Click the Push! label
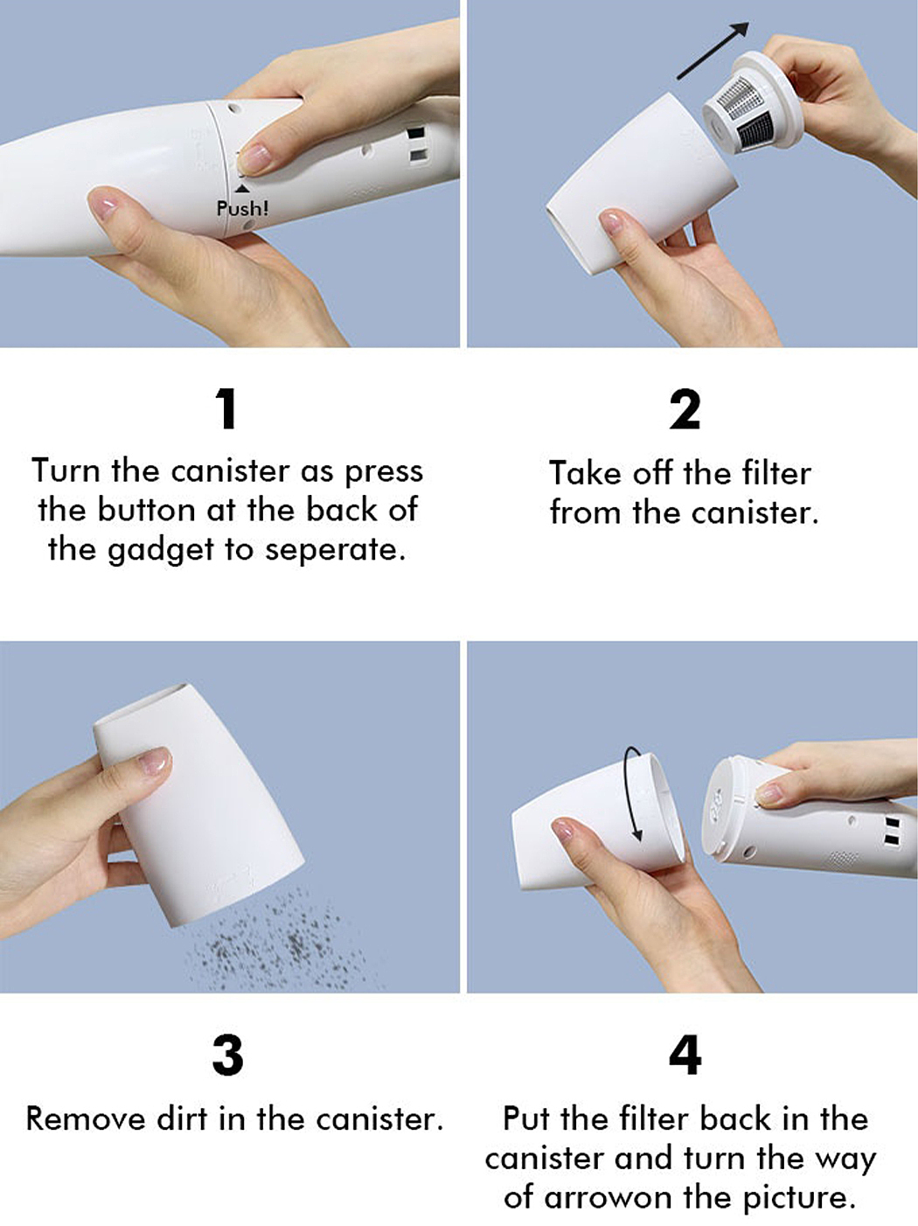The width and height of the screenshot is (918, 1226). tap(242, 209)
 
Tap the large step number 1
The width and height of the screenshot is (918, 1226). tap(227, 409)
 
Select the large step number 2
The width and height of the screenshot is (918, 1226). tap(685, 409)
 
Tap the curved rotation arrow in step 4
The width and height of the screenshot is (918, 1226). tap(635, 794)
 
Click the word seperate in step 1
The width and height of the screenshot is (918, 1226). tap(335, 550)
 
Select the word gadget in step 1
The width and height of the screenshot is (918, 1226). tap(161, 551)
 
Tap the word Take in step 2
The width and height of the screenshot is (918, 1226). tap(585, 474)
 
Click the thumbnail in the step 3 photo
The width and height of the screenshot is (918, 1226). tap(154, 761)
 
